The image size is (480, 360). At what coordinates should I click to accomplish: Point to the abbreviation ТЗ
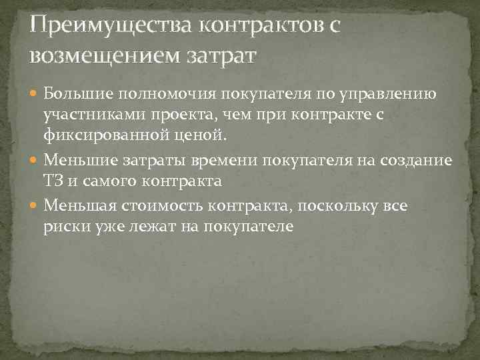[x=53, y=181]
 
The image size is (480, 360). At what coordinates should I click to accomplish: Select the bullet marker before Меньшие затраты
[x=35, y=160]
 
